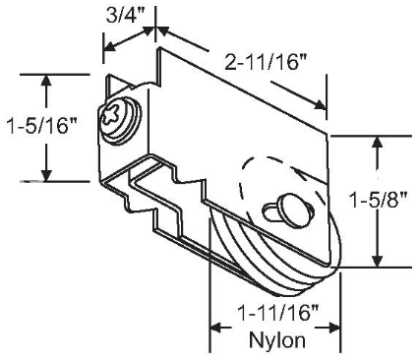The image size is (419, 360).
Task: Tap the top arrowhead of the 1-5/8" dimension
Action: click(375, 141)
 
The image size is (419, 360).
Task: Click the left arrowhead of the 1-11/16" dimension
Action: click(213, 327)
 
